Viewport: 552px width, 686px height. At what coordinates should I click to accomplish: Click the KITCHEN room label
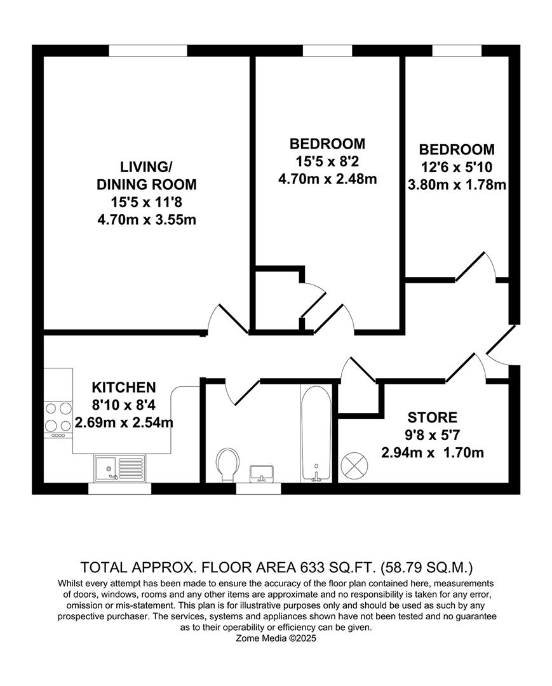124,387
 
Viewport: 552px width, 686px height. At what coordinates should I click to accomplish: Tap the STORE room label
432,417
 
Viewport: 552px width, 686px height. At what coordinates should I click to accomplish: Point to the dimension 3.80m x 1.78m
456,185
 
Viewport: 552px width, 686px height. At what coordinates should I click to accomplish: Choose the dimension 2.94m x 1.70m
432,453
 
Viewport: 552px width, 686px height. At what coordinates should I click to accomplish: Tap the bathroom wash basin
262,473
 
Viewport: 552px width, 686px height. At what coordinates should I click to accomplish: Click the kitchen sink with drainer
120,468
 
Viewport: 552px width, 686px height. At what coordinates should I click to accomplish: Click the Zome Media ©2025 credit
276,639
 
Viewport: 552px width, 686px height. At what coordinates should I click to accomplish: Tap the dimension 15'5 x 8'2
327,161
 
